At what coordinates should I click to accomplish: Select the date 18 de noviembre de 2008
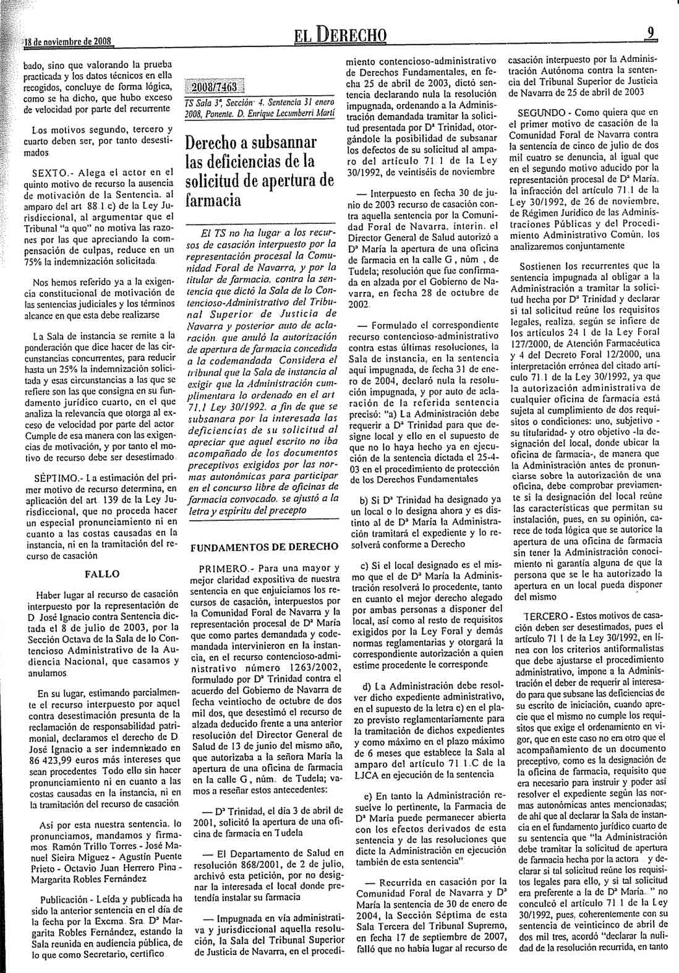67,42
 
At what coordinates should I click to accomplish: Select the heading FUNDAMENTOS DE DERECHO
265,546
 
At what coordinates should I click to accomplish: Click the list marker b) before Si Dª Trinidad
365,517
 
